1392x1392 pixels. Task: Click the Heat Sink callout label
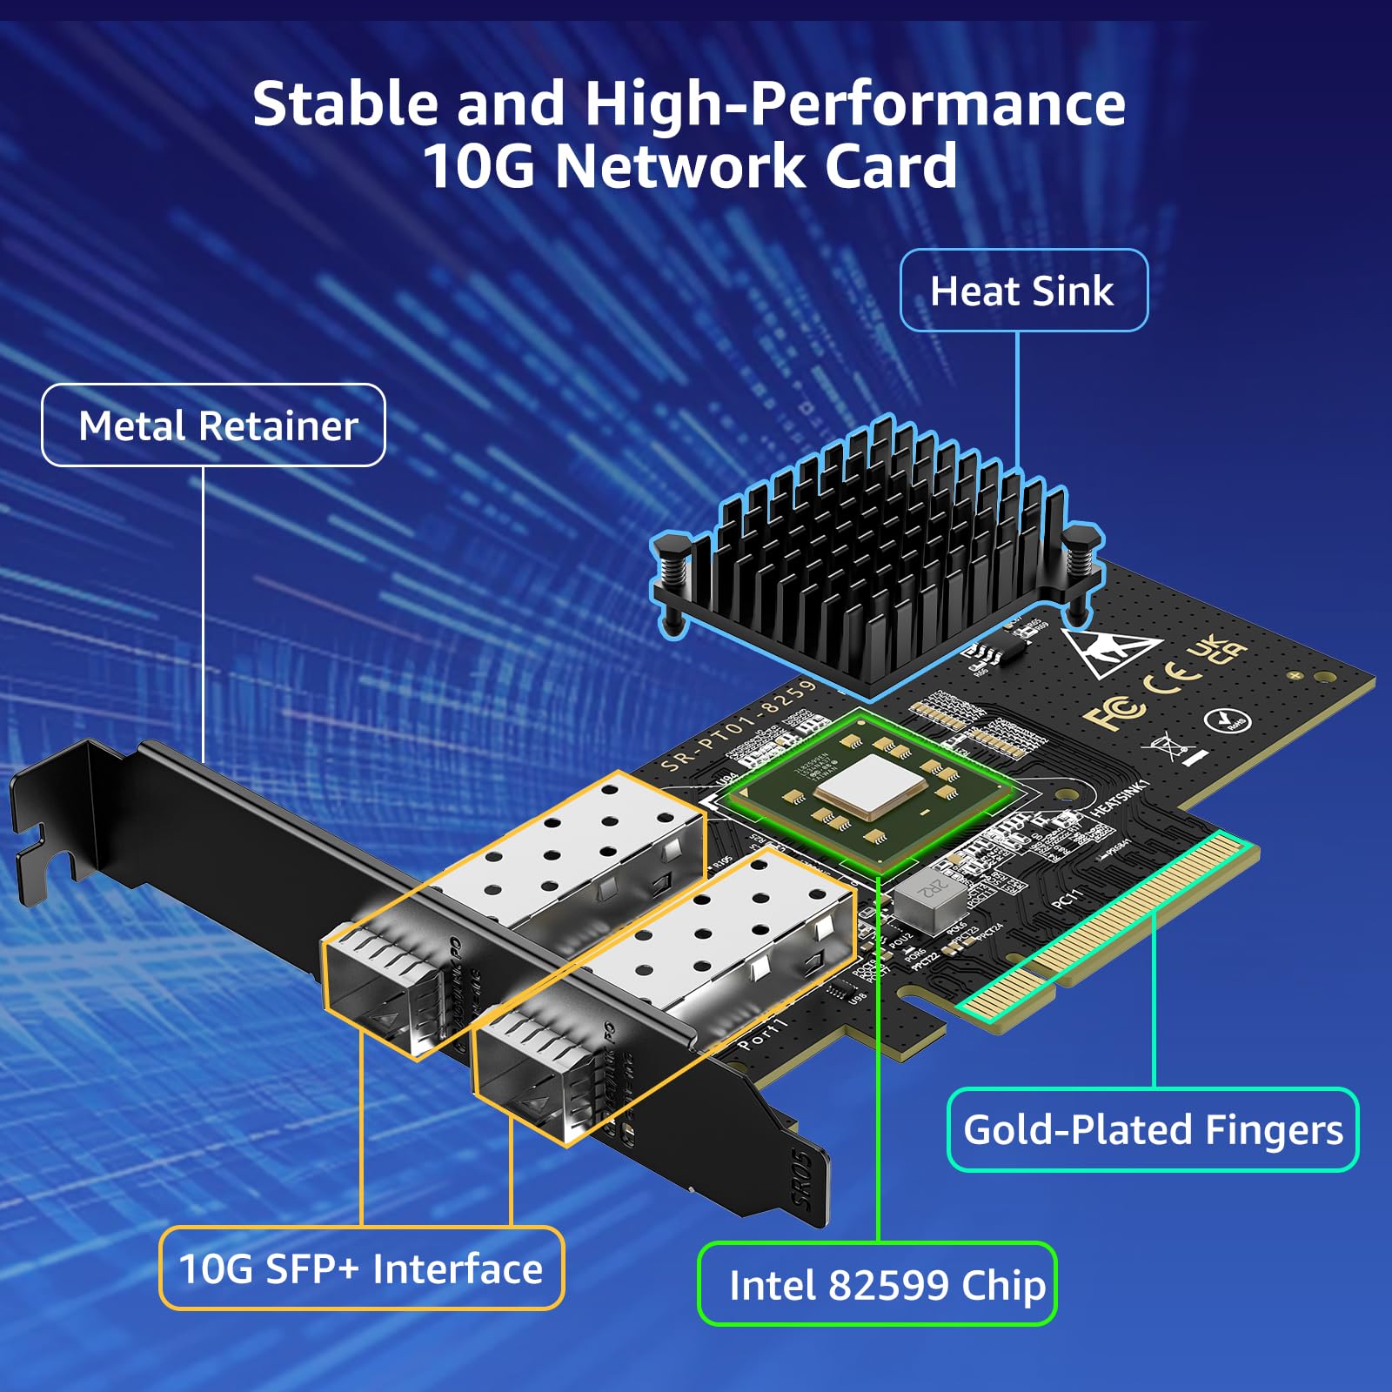[1022, 291]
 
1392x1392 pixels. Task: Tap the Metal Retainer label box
[214, 426]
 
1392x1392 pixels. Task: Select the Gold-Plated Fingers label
[1152, 1130]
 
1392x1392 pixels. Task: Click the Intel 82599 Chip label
[878, 1285]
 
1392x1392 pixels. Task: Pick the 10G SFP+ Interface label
[361, 1268]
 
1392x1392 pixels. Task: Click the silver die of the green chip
[870, 785]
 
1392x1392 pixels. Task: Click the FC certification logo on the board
[1113, 713]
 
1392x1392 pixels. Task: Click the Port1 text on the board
[762, 1034]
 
